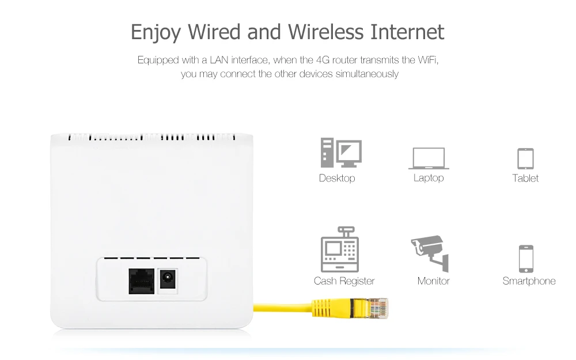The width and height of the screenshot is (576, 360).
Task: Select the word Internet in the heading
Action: (407, 32)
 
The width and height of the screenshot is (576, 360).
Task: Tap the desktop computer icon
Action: (341, 153)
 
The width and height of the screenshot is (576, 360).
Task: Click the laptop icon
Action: (429, 158)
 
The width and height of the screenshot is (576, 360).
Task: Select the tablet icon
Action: (525, 158)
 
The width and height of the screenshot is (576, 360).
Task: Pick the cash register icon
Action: (340, 249)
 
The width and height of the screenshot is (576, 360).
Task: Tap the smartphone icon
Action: (526, 259)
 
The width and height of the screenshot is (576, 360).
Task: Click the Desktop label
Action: (337, 178)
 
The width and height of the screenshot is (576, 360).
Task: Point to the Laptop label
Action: (429, 178)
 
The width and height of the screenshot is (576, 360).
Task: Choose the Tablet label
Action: (525, 178)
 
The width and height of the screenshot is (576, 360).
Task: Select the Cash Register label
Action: (344, 281)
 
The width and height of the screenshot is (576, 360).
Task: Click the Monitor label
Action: (433, 281)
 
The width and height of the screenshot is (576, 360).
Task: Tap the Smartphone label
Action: (529, 281)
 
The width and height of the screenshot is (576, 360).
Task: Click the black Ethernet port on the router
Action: (141, 281)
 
